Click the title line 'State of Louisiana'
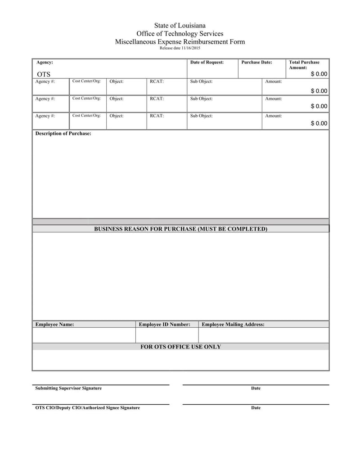coord(180,26)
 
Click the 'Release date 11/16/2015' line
coord(180,48)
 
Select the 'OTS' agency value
coord(44,74)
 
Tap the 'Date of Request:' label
coord(207,62)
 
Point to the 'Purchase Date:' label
coord(256,62)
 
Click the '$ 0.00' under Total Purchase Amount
coord(319,74)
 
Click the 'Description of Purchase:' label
coord(63,134)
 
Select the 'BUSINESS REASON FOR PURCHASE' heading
coord(180,229)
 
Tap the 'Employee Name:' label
coord(54,324)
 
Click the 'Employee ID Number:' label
coord(164,324)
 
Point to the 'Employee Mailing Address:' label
coord(233,324)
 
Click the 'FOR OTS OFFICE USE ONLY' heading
coord(180,347)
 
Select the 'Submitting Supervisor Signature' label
coord(68,388)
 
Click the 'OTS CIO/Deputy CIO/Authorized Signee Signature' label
coord(87,408)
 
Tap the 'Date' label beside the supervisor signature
coord(256,388)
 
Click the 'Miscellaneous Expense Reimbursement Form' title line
coord(180,42)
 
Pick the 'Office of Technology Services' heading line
coord(180,34)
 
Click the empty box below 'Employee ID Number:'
coord(166,335)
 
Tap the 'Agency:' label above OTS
coord(44,62)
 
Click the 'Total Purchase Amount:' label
coord(304,65)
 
